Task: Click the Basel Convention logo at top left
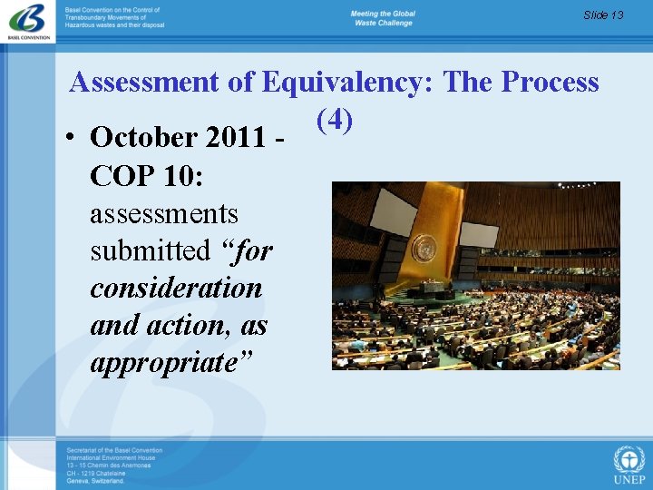(x=27, y=21)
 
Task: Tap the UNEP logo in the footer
(x=629, y=464)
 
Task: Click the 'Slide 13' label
(x=603, y=15)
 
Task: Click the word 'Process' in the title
(x=550, y=83)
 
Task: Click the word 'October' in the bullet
(x=144, y=138)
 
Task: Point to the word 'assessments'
(x=164, y=214)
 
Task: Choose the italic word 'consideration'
(x=176, y=289)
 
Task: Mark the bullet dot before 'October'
(x=70, y=139)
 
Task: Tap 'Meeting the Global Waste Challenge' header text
(x=383, y=18)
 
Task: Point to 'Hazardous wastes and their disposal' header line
(x=115, y=25)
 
